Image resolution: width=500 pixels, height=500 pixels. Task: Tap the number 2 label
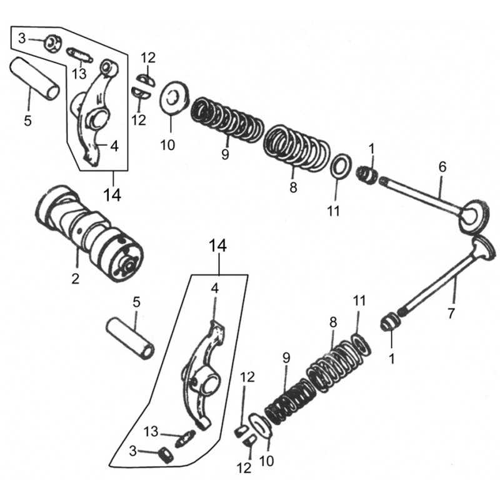pyautogui.click(x=75, y=279)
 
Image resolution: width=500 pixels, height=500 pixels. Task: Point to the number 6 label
pyautogui.click(x=442, y=167)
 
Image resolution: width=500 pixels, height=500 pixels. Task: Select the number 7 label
pyautogui.click(x=451, y=314)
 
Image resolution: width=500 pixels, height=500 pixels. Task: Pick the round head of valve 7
pyautogui.click(x=484, y=249)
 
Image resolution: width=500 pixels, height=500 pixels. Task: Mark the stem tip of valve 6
pyautogui.click(x=382, y=181)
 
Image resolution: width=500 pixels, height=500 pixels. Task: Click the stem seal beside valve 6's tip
pyautogui.click(x=367, y=175)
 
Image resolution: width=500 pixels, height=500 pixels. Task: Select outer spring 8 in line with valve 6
pyautogui.click(x=296, y=147)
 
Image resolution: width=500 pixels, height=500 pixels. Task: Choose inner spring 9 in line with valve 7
pyautogui.click(x=289, y=402)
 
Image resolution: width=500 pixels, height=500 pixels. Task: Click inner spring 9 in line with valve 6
pyautogui.click(x=227, y=119)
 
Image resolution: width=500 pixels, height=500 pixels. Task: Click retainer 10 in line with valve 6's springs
pyautogui.click(x=174, y=97)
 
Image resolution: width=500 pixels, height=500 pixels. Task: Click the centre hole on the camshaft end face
pyautogui.click(x=129, y=264)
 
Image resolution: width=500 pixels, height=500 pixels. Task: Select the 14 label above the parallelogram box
pyautogui.click(x=217, y=246)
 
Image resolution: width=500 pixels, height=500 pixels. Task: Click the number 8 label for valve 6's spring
pyautogui.click(x=293, y=187)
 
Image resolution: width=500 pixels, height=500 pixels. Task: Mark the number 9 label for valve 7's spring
pyautogui.click(x=286, y=358)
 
